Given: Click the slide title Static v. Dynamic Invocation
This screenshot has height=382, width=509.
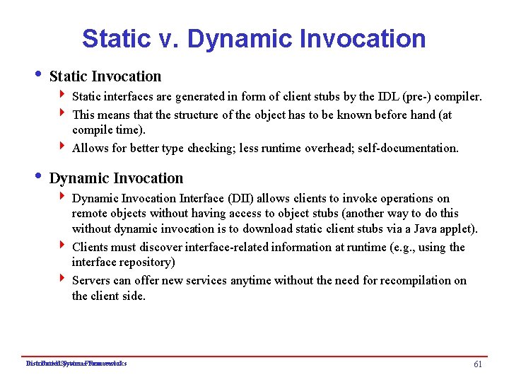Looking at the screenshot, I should coord(254,38).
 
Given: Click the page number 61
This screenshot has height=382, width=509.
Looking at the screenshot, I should coord(478,364).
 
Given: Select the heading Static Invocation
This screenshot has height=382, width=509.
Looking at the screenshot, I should coord(105,76).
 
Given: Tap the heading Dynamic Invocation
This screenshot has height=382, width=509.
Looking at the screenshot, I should coord(116,178).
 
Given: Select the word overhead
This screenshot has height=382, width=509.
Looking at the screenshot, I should coord(311,148).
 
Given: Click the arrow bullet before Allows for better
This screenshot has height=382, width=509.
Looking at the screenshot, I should coord(64,147).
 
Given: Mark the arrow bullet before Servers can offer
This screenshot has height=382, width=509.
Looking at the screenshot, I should coord(64,280).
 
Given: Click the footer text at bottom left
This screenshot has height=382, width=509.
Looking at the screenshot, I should coord(76,364).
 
